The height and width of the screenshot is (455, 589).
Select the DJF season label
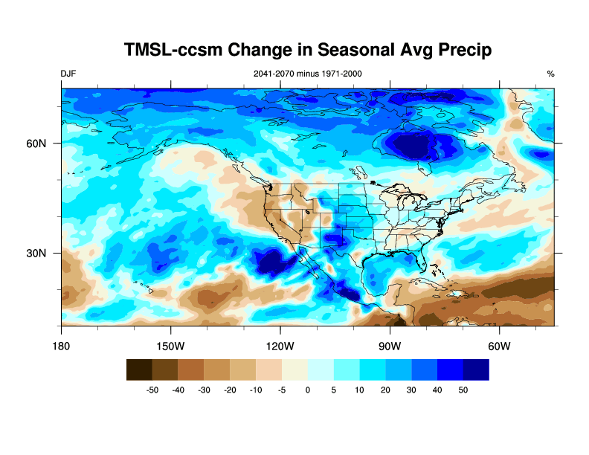click(x=68, y=74)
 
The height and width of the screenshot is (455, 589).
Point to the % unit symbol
click(x=550, y=74)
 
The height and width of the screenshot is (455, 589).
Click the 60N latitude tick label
click(x=38, y=143)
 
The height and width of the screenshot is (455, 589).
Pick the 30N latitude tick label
click(x=38, y=254)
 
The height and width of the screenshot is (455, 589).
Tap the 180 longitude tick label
click(x=62, y=346)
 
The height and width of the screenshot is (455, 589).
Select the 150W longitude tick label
click(x=171, y=346)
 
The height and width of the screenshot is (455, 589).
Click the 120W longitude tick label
click(x=280, y=346)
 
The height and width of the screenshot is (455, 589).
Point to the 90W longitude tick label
click(x=390, y=346)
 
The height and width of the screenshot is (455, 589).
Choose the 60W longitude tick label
click(x=499, y=346)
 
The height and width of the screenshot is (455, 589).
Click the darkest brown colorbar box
click(x=139, y=370)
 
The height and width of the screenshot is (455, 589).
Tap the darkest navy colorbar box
click(x=476, y=370)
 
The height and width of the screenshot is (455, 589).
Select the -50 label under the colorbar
click(x=152, y=390)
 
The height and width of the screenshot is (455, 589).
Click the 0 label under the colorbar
click(x=308, y=390)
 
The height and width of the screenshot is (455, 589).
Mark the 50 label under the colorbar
click(x=463, y=390)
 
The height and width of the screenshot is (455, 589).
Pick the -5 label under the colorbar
click(x=281, y=390)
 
